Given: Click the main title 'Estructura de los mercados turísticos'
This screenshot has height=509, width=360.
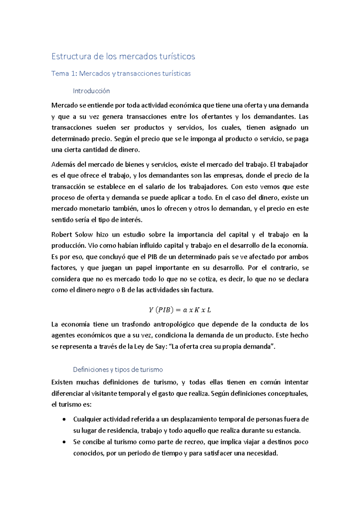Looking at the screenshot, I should click(123, 56).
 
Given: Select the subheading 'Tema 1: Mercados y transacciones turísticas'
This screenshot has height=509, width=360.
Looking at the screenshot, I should click(121, 74).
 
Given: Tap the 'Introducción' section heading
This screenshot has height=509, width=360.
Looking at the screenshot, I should click(91, 91).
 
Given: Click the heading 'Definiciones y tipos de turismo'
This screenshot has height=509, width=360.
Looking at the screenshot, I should click(118, 370).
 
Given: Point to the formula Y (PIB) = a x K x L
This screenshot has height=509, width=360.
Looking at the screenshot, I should click(180, 310).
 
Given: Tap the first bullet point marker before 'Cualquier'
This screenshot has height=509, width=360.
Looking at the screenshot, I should click(64, 419).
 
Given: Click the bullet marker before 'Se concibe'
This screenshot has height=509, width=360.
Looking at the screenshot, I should click(64, 442).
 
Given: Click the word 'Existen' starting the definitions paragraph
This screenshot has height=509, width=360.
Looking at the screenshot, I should click(62, 382).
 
